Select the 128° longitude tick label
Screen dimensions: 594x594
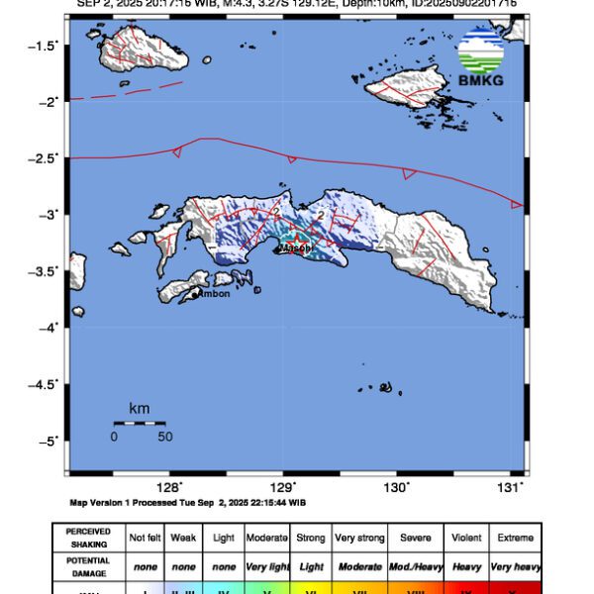click(x=170, y=487)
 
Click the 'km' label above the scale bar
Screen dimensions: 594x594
click(x=139, y=408)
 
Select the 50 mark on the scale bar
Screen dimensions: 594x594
click(x=164, y=436)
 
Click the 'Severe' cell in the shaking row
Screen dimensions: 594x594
click(x=416, y=538)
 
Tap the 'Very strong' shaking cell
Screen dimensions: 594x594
click(x=359, y=538)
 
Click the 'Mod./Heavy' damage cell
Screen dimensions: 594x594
click(x=416, y=565)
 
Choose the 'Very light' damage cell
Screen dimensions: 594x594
click(x=268, y=565)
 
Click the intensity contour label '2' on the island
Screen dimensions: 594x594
click(x=320, y=215)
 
